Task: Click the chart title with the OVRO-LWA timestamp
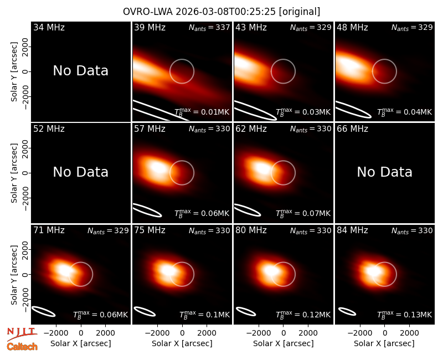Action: point(221,12)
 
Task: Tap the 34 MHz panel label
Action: point(49,27)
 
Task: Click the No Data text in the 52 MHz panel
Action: point(80,172)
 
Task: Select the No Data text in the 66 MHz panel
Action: point(384,172)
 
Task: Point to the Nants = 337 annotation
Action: point(209,27)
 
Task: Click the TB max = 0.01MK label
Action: point(202,112)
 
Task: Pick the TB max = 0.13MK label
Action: point(405,315)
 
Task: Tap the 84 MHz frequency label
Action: point(352,230)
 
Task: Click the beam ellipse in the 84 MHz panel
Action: point(347,311)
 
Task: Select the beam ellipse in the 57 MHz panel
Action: point(147,210)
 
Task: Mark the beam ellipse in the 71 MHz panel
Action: point(44,311)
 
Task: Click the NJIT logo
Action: point(22,333)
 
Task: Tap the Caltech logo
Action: point(22,347)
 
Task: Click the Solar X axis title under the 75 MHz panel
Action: point(182,343)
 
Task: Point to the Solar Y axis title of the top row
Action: point(14,72)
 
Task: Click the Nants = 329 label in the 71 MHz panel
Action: point(108,230)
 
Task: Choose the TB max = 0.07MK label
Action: point(303,213)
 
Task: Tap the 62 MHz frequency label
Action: point(251,129)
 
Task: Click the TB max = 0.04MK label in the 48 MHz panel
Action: point(405,112)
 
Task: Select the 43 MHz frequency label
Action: point(251,27)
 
